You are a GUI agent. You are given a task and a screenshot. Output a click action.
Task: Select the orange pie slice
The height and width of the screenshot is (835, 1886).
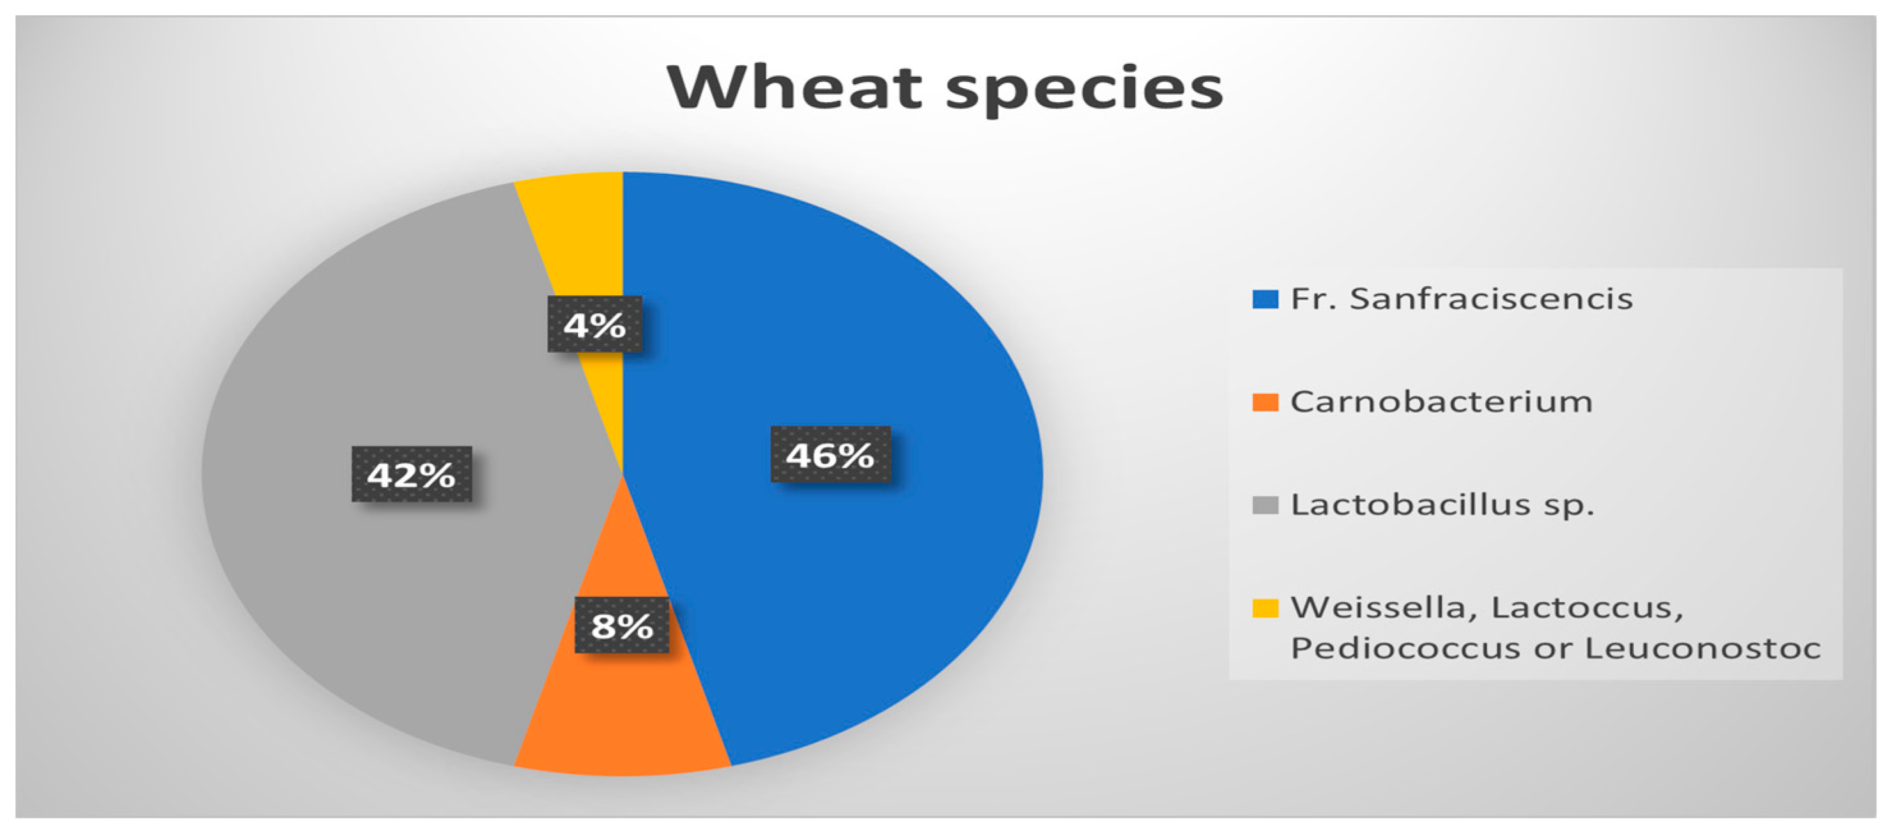[x=622, y=703]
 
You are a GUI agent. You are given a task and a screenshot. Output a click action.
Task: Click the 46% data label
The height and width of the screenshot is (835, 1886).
[x=830, y=454]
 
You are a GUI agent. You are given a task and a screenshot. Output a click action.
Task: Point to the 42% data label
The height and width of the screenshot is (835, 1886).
[x=412, y=474]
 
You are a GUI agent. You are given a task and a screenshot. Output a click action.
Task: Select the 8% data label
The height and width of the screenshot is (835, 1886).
[x=622, y=625]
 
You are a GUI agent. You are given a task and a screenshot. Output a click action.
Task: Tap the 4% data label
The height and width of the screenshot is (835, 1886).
[x=594, y=324]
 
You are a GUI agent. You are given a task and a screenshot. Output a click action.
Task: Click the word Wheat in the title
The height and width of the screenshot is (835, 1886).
[x=795, y=88]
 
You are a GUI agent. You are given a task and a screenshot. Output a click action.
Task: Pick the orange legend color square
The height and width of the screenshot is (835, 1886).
[x=1265, y=402]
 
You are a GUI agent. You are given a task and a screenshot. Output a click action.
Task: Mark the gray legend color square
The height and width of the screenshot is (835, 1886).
[x=1265, y=505]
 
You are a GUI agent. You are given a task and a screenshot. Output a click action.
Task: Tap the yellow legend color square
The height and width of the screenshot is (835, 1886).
[x=1265, y=608]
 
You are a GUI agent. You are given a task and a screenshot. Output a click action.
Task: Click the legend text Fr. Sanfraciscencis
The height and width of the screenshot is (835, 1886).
[x=1462, y=298]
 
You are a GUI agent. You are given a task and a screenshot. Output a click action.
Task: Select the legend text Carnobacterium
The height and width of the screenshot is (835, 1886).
[x=1441, y=402]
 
